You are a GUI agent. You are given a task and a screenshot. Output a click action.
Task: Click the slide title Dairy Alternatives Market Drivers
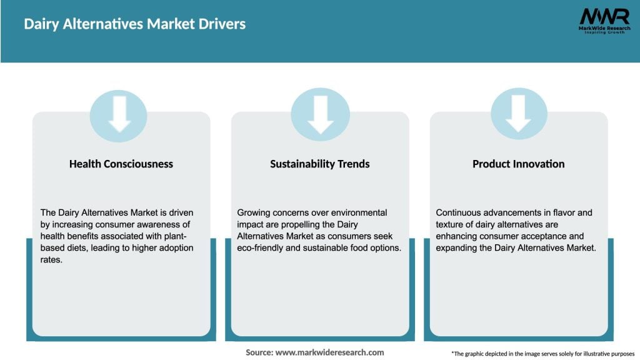[134, 24]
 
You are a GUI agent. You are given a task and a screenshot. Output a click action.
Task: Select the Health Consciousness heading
[121, 164]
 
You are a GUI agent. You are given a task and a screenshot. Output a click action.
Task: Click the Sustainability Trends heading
[320, 164]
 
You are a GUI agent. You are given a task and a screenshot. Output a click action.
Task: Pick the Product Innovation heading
[518, 164]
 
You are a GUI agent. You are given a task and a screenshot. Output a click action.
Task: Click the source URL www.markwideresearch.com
[329, 352]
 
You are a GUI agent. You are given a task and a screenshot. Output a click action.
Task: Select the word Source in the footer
[258, 352]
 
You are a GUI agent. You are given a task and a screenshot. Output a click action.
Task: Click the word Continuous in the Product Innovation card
[459, 212]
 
